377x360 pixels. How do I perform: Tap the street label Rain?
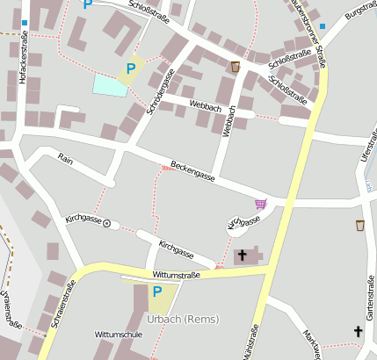[65, 158]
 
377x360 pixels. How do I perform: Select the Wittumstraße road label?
[176, 275]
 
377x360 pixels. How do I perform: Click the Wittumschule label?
[119, 335]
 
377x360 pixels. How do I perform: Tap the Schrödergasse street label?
[156, 89]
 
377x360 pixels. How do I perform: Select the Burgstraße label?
[360, 11]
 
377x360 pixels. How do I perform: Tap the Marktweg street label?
[312, 345]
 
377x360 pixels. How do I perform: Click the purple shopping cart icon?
[260, 204]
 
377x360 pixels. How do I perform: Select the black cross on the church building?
[243, 256]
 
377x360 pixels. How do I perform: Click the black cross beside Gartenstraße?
[358, 331]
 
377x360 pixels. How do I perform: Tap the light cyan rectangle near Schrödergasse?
[110, 85]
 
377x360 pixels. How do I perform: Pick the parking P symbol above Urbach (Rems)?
[157, 292]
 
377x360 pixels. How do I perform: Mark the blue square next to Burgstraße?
[323, 26]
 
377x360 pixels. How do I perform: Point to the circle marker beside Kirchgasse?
[107, 224]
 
